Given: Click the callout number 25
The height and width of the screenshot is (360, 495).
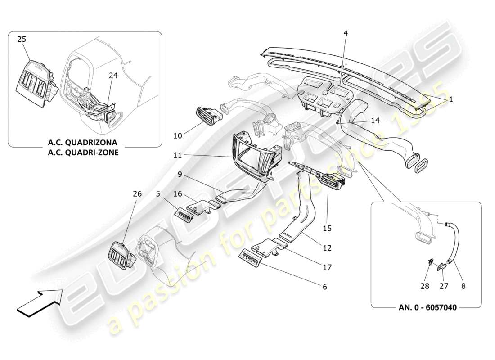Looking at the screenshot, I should point(22,40).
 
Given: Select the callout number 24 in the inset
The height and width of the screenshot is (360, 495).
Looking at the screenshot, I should point(112,76).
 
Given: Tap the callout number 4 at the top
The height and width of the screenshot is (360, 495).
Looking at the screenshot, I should point(345,33).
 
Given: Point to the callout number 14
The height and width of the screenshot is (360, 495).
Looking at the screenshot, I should point(376,121).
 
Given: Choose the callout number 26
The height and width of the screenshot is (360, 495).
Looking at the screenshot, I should point(137,194).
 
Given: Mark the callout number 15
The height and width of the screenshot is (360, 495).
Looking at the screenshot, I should point(327,228).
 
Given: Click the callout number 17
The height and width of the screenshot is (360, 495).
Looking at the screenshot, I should point(327,267).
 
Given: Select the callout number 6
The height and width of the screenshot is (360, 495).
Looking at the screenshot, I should point(325,287).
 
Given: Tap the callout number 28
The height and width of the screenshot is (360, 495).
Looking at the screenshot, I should point(425,286).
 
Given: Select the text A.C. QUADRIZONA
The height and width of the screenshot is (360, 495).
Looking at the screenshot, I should point(83,143).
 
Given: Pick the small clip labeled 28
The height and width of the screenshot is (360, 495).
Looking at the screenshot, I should point(431,261).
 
